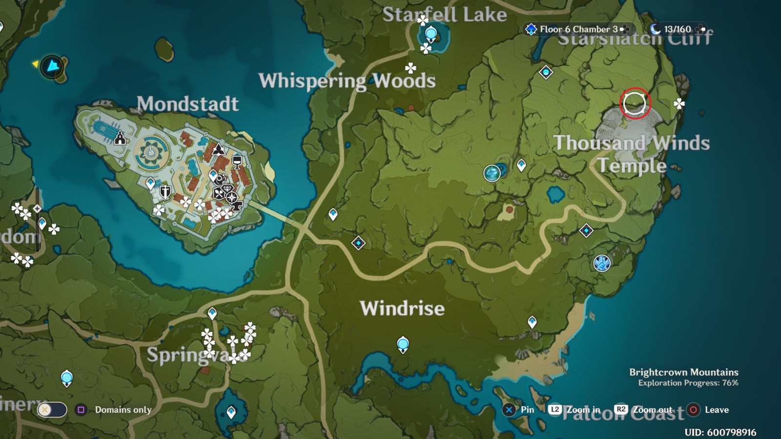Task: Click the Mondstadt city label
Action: coord(187,104)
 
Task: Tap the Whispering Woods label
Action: coord(347,81)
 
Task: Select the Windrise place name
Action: coord(402,308)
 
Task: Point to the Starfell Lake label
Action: coord(444,15)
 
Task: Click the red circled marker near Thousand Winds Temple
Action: coord(635,103)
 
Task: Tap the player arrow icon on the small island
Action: coord(52,66)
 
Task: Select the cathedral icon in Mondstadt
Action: coord(120,139)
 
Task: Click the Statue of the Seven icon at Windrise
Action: coord(403,344)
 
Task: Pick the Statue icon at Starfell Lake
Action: coord(431,34)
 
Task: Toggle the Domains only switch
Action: coord(52,410)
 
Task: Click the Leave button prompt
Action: coord(708,410)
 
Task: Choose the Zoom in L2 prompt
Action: coord(575,410)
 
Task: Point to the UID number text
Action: coord(720,432)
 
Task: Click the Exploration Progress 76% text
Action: coord(688,383)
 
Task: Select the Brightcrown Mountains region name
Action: coord(683,372)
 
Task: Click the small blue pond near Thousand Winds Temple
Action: coord(555,194)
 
